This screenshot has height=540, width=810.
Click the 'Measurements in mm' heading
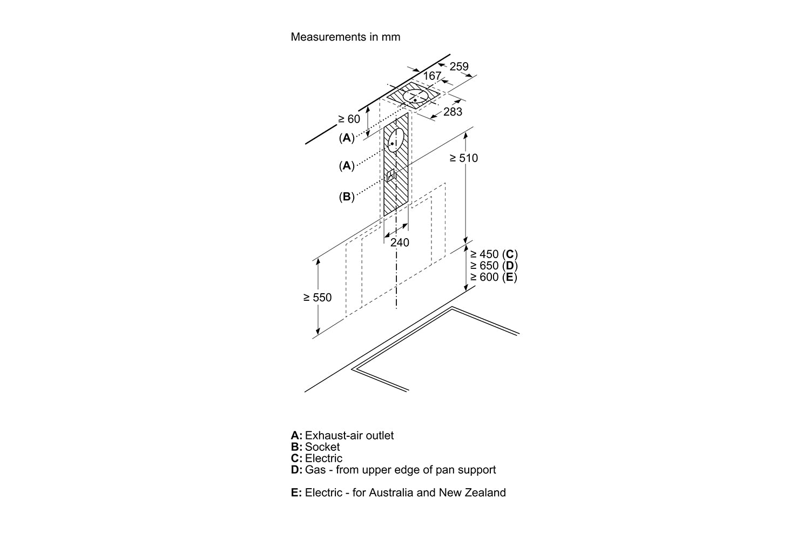tap(346, 37)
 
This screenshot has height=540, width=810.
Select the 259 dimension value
tap(459, 66)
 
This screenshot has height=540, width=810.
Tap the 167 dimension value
tap(432, 76)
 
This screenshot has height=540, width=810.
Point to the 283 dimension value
tap(453, 112)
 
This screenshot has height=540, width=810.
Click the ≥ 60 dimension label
tap(349, 119)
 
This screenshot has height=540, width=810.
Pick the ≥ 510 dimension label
tap(464, 158)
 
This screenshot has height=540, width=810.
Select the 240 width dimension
tap(400, 242)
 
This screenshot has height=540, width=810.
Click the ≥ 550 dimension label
tap(318, 298)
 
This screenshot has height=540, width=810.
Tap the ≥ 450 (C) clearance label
tap(494, 254)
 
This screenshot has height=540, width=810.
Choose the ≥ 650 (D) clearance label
tap(494, 266)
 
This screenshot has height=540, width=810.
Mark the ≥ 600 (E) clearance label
tap(494, 277)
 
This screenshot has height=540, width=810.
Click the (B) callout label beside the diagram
tap(347, 197)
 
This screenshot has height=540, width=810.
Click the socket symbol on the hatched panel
tap(392, 175)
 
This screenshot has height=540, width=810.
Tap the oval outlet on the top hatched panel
tap(416, 98)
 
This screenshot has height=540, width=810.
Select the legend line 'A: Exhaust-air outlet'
tap(342, 435)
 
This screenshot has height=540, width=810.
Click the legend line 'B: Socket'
tap(315, 447)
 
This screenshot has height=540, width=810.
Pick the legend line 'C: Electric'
tap(316, 458)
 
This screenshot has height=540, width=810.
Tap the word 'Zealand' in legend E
tap(485, 492)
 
